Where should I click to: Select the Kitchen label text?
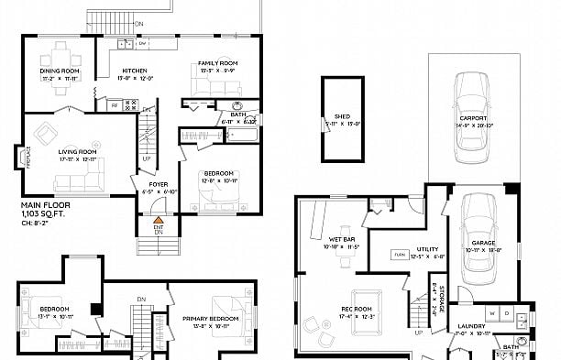click(x=135, y=71)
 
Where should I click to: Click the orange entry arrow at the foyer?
click(x=158, y=220)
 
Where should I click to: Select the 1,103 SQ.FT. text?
click(x=45, y=213)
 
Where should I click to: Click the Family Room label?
click(x=218, y=63)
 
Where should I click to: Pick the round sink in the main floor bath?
click(x=237, y=105)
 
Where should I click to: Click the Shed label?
click(x=342, y=116)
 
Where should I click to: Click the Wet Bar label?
click(x=341, y=240)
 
